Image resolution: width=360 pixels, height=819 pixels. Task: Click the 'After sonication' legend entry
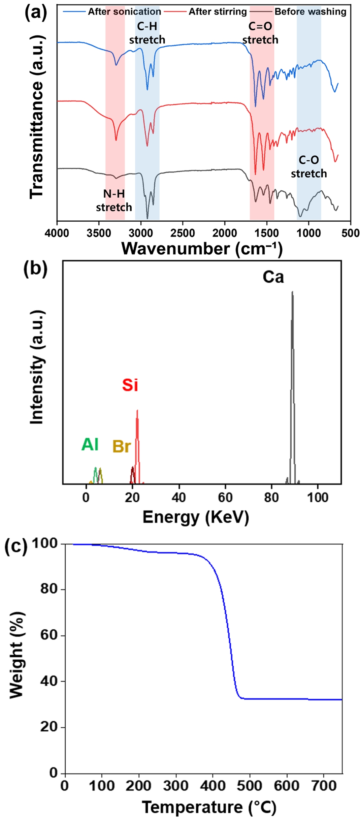point(124,12)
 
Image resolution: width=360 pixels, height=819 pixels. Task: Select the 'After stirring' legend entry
point(218,12)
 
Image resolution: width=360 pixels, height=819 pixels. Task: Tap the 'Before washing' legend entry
point(310,12)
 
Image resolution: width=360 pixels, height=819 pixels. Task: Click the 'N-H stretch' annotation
point(114,200)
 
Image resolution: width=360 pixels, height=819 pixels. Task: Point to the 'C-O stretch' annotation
point(309,167)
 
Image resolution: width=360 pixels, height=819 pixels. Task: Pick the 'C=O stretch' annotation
point(260,33)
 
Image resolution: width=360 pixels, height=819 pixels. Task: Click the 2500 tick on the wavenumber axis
point(183,233)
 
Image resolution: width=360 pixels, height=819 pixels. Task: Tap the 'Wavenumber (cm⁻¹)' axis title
point(202,249)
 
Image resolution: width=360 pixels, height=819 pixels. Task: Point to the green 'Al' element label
point(90,445)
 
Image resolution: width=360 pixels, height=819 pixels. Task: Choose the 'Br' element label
point(122,447)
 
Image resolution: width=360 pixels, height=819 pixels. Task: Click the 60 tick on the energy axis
point(225,497)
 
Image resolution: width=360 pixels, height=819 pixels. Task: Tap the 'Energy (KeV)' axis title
point(196,517)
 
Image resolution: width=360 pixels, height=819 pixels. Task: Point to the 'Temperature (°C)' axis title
point(209,808)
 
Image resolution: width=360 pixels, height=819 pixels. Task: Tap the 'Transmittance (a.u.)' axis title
point(36,116)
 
